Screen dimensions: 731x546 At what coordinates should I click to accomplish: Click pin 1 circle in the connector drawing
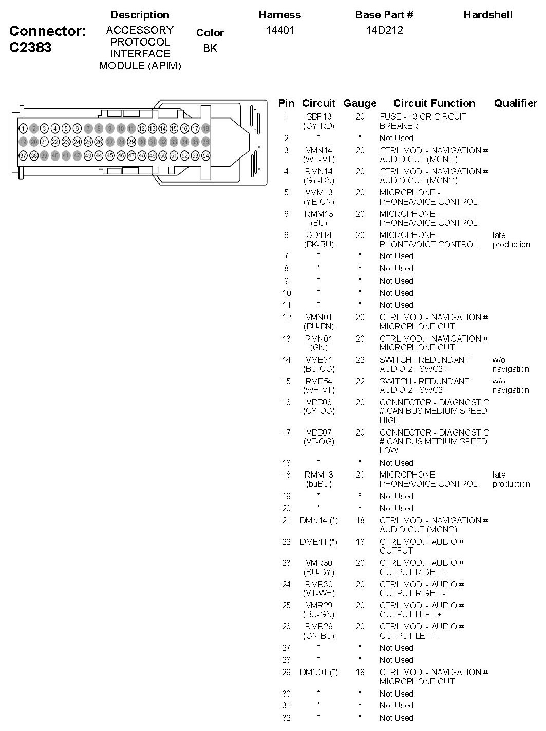23,128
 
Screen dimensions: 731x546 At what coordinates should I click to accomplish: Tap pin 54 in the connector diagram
205,155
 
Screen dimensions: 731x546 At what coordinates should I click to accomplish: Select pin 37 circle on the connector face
23,155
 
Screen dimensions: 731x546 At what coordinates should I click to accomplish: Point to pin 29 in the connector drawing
131,142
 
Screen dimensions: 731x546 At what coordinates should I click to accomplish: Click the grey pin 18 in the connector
205,128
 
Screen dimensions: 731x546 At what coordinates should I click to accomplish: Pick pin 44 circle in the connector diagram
99,155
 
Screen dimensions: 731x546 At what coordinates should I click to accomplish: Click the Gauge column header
360,103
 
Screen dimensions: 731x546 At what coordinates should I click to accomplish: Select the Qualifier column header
515,103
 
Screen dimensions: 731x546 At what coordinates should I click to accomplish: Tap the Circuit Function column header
435,103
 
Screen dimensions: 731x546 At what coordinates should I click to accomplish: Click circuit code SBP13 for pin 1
319,116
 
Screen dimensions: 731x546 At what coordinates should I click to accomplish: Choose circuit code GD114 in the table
319,235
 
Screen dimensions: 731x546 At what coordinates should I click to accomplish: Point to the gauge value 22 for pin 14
360,360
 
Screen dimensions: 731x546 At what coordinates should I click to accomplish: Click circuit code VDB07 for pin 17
319,432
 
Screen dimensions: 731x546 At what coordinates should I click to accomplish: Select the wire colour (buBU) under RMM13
319,484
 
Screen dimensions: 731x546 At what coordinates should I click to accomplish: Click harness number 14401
280,30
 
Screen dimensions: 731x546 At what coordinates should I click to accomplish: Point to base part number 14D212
384,30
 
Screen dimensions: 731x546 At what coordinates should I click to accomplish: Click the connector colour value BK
210,48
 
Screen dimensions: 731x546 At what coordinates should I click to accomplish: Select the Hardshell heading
488,15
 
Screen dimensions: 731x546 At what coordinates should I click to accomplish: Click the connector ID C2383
30,48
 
